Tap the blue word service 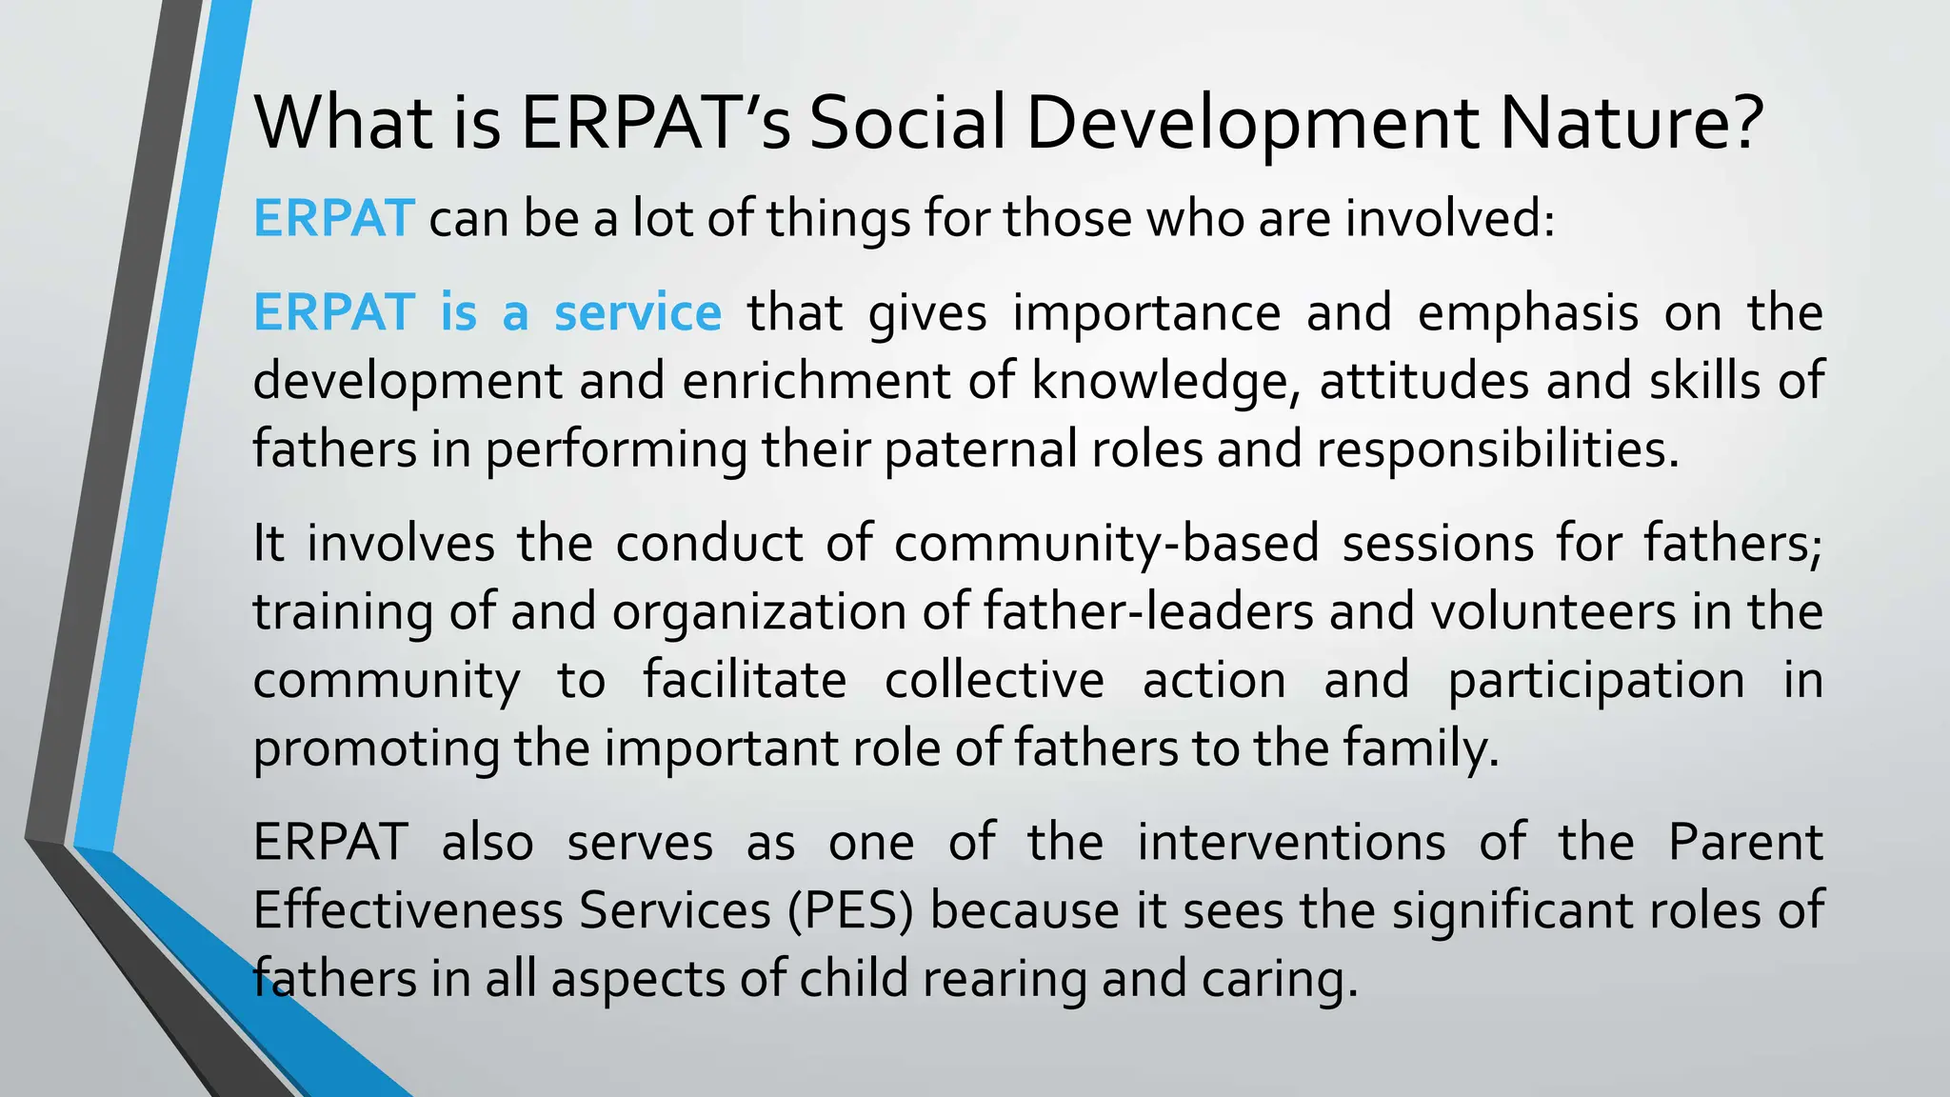tap(638, 313)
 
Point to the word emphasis tap(1527, 313)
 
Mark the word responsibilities tap(1498, 449)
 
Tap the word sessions tap(1438, 544)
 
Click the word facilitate tap(745, 681)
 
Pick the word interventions tap(1291, 843)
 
